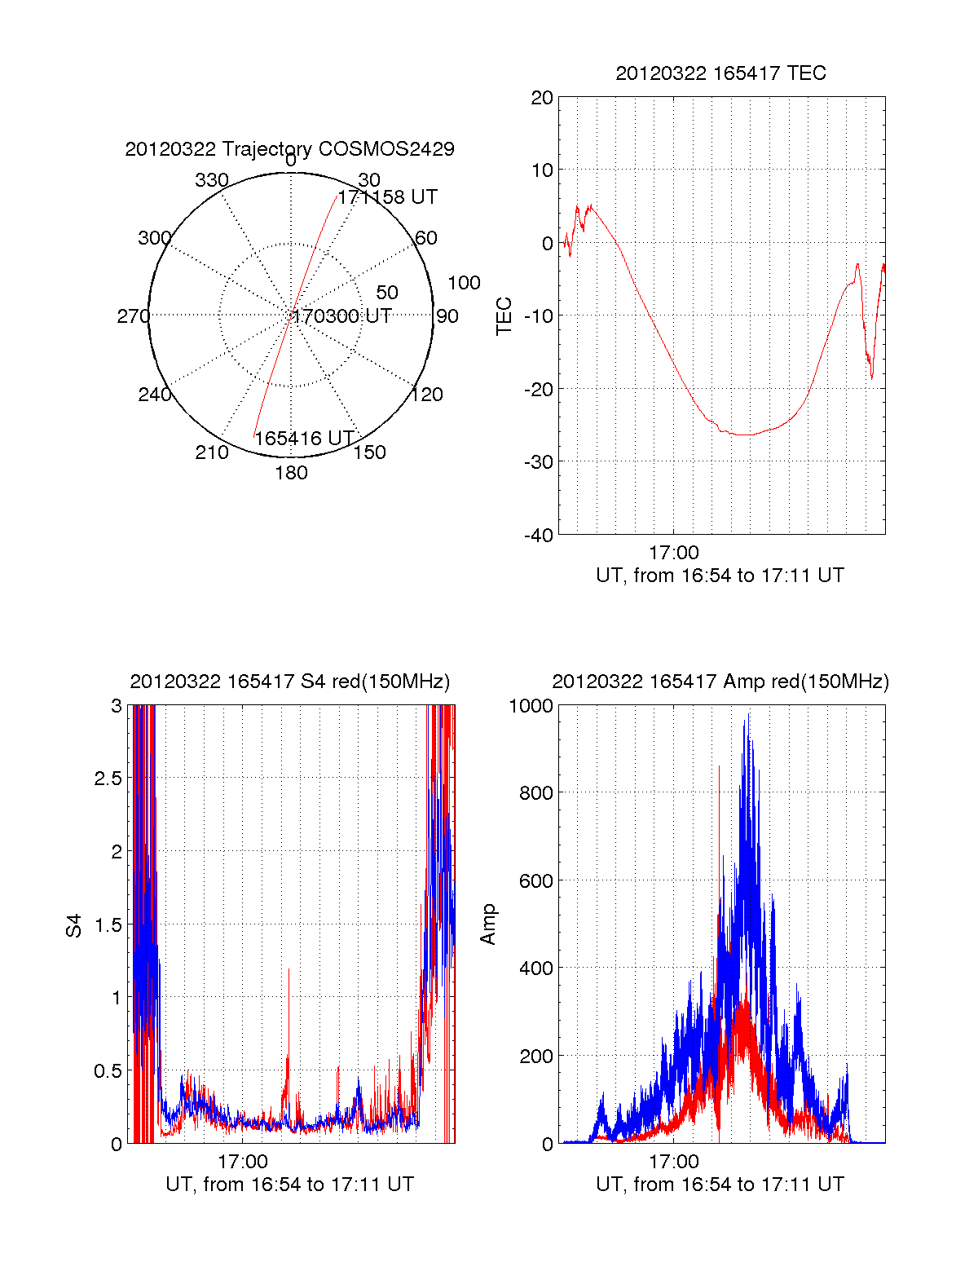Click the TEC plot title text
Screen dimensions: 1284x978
coord(720,73)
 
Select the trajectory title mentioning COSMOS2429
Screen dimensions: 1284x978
coord(289,149)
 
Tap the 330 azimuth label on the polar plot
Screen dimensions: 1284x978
coord(212,180)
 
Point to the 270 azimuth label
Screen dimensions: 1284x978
coord(133,316)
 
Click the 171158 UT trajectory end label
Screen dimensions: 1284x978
coord(388,197)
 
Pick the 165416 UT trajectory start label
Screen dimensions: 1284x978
coord(304,439)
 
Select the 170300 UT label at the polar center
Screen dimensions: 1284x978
coord(342,316)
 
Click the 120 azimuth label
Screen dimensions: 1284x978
coord(427,395)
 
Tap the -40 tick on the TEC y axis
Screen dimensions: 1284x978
coord(538,536)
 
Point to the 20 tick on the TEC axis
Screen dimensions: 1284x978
coord(542,98)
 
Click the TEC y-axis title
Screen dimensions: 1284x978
coord(504,316)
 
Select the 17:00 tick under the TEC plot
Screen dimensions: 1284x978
coord(673,553)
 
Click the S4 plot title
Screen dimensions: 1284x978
coord(289,682)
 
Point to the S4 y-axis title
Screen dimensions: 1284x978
coord(74,925)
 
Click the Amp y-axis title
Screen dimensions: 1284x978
coord(488,924)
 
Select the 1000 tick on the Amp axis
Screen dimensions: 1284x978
coord(531,706)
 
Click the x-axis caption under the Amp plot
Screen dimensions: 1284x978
coord(720,1185)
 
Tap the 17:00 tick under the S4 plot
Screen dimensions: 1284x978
coord(243,1162)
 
